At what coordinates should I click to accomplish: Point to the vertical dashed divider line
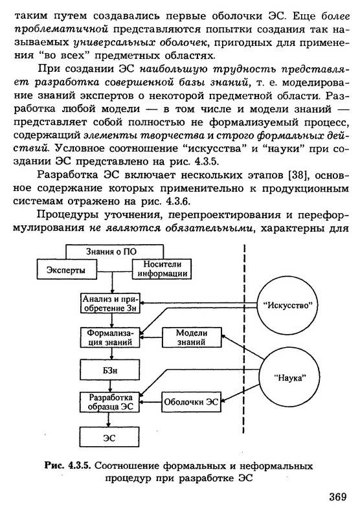244,339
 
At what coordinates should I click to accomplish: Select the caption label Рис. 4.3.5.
68,466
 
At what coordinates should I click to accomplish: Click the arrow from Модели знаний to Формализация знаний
151,337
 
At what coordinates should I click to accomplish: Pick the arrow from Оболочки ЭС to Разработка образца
151,402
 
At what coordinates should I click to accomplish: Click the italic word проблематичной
62,29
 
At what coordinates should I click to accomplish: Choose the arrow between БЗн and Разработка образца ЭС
110,386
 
